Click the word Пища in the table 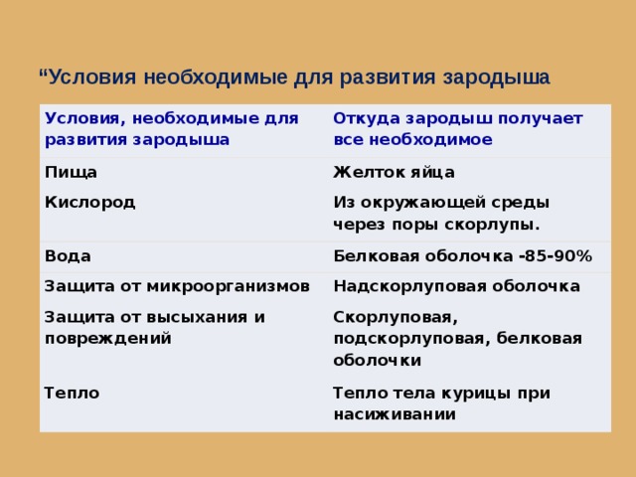tap(71, 173)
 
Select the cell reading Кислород tap(89, 202)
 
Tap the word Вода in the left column tap(68, 256)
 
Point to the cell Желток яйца tap(394, 172)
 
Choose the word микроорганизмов tap(229, 286)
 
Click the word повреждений tap(108, 339)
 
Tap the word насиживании tap(395, 414)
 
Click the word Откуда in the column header tap(367, 118)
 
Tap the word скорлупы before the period tap(489, 225)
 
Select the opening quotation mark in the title tap(43, 73)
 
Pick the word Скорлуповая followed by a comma tap(396, 318)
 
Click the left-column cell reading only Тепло tap(72, 394)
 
